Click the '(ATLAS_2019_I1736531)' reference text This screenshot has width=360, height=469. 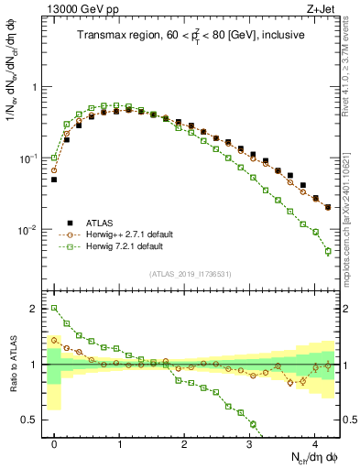(x=191, y=275)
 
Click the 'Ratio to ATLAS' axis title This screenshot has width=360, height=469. (x=12, y=365)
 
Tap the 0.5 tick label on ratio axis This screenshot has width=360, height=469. (x=32, y=420)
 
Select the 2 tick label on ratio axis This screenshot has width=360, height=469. (x=37, y=309)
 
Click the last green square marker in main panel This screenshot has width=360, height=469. (x=328, y=251)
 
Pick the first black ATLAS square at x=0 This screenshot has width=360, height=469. (x=54, y=180)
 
